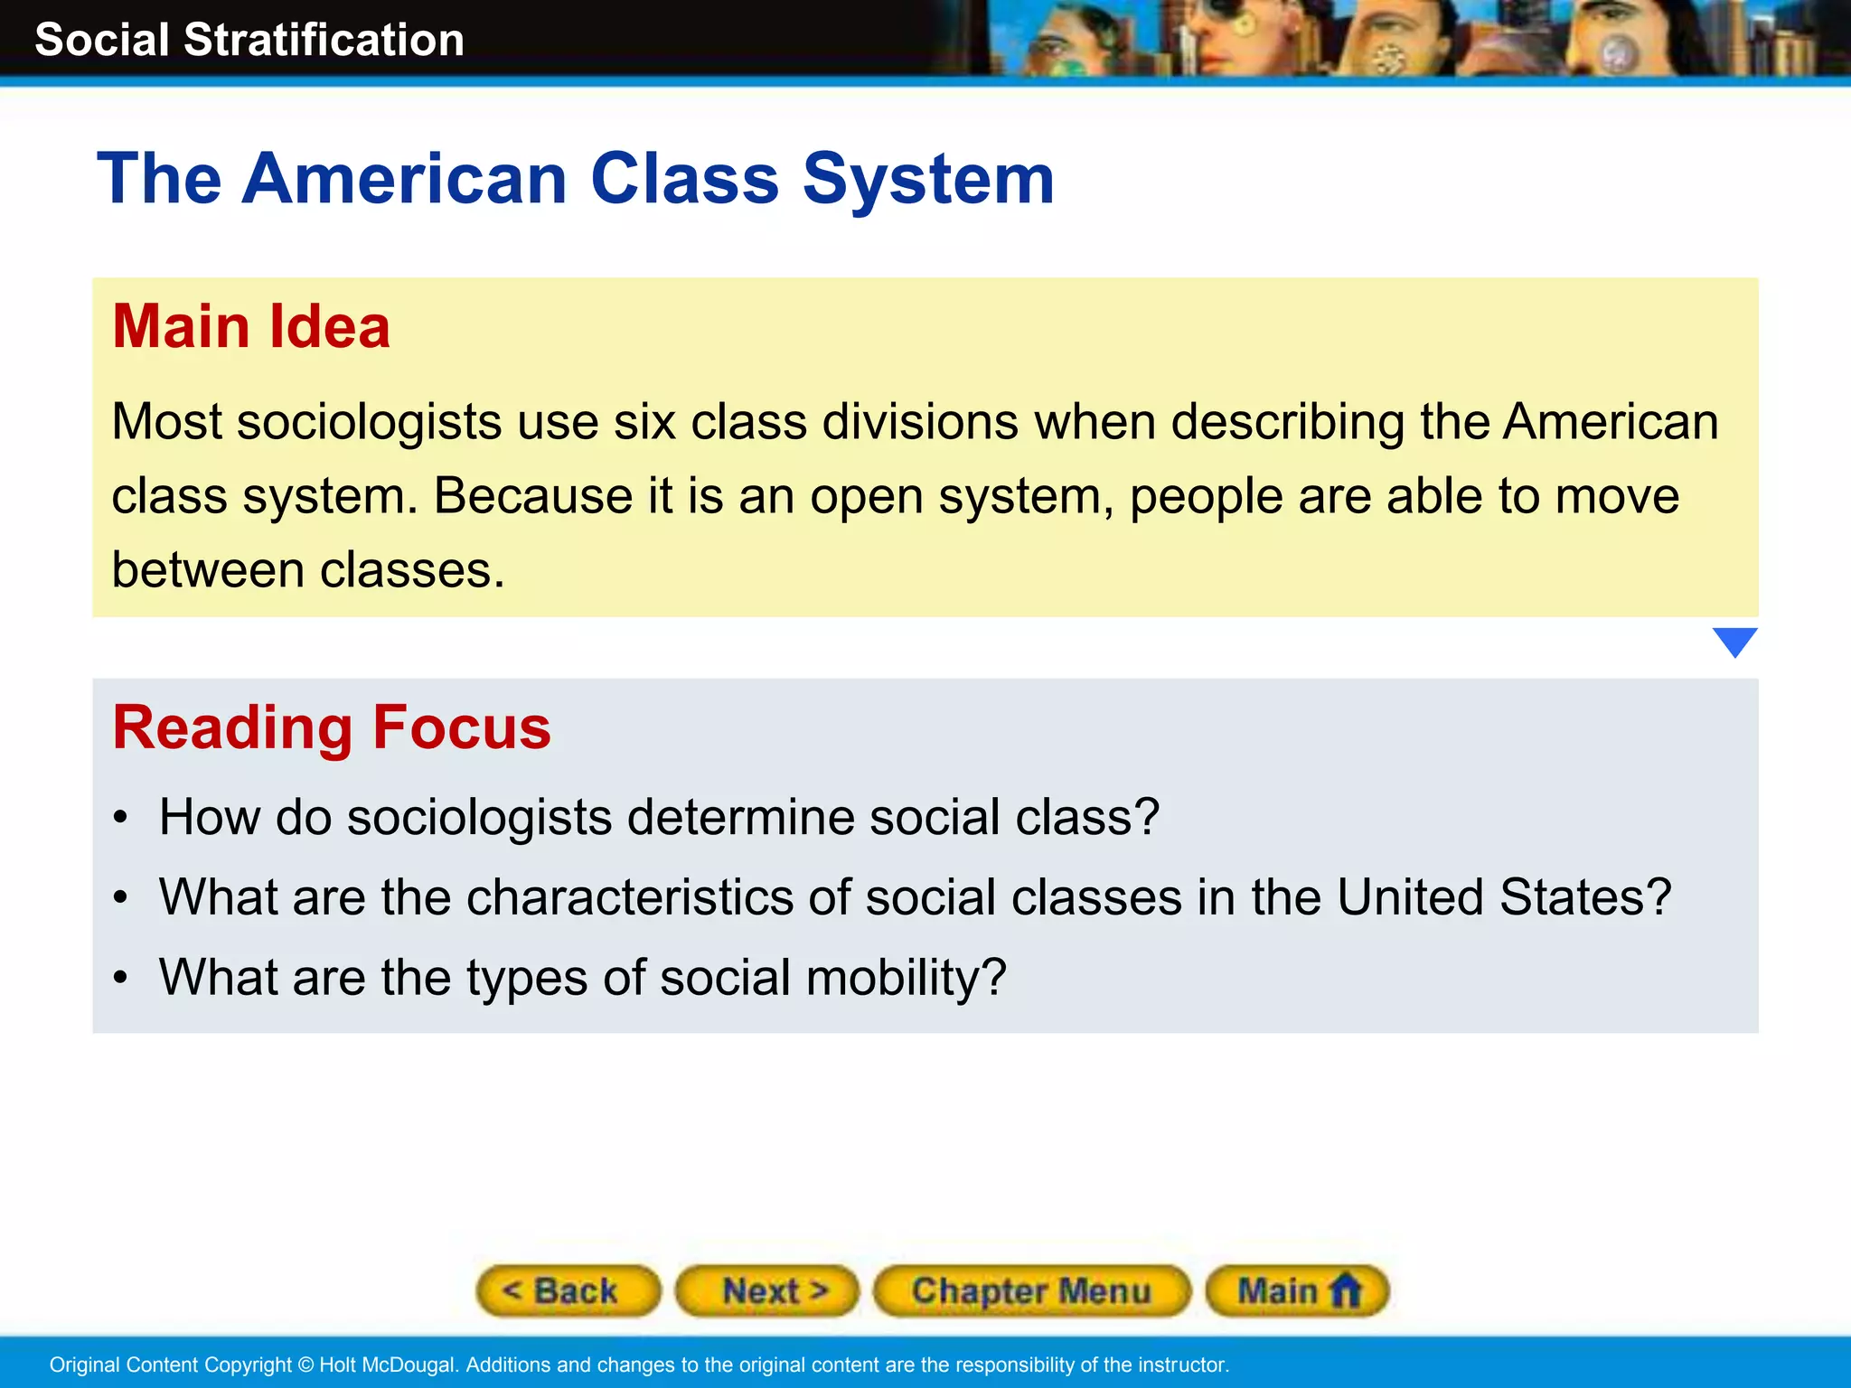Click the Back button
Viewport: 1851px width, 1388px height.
point(568,1290)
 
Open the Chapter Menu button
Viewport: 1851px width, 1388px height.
point(1031,1290)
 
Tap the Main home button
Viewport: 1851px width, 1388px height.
point(1297,1290)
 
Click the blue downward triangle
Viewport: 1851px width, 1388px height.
point(1734,642)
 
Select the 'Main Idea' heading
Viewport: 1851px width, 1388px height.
point(251,326)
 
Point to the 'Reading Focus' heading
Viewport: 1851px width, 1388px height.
point(332,727)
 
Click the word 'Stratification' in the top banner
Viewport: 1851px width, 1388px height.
point(324,41)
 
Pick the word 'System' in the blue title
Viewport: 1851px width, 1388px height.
point(928,179)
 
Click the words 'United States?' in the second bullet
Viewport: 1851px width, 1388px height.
point(1504,897)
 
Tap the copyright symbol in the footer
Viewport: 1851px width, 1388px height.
point(305,1365)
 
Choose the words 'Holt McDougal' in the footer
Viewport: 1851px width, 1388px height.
point(387,1365)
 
